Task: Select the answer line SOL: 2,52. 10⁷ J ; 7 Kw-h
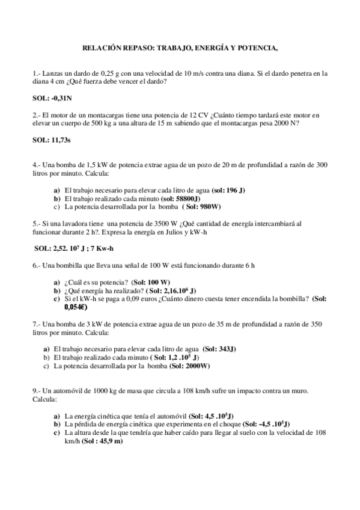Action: (x=81, y=247)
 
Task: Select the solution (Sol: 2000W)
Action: (x=189, y=365)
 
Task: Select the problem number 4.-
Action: (x=37, y=164)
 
